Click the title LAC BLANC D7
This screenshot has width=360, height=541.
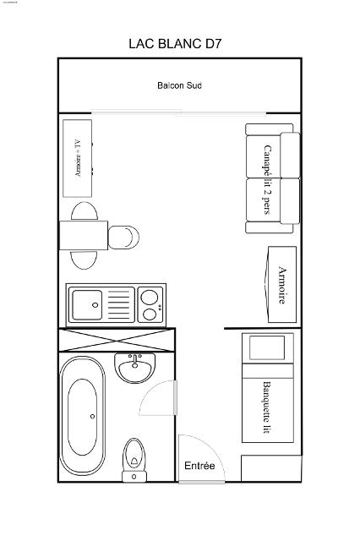pos(175,44)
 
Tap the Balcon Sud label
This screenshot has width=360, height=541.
pos(179,85)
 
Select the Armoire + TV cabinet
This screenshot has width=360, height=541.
pos(77,158)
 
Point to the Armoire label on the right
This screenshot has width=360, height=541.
pos(282,285)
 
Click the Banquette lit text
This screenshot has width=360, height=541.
pos(267,407)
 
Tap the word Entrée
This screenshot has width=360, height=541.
pos(199,466)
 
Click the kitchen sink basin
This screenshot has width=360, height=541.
pos(87,305)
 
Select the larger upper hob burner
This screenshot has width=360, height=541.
pos(150,297)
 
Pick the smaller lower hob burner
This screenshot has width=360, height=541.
pos(150,314)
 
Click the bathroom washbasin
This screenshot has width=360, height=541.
pos(135,368)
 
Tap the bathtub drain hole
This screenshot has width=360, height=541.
pos(92,417)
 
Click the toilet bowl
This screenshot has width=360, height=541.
pos(134,456)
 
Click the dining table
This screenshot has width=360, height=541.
pos(84,235)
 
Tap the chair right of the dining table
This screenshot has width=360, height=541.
pos(123,238)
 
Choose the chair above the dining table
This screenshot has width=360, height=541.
pos(85,211)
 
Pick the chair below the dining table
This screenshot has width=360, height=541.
pos(85,260)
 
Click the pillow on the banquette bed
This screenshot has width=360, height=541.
pos(267,347)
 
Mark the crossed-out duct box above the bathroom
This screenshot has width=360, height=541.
pos(117,340)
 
